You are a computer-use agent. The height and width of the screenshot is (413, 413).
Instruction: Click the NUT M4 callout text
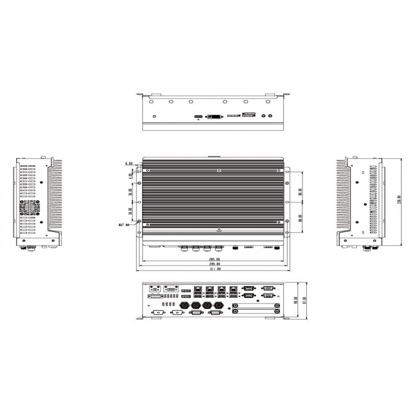124,225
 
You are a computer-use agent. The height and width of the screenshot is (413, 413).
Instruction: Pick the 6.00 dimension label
128,164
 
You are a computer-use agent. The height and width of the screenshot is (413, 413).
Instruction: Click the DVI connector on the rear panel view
214,117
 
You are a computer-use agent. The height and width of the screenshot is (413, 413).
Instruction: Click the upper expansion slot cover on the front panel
256,305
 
